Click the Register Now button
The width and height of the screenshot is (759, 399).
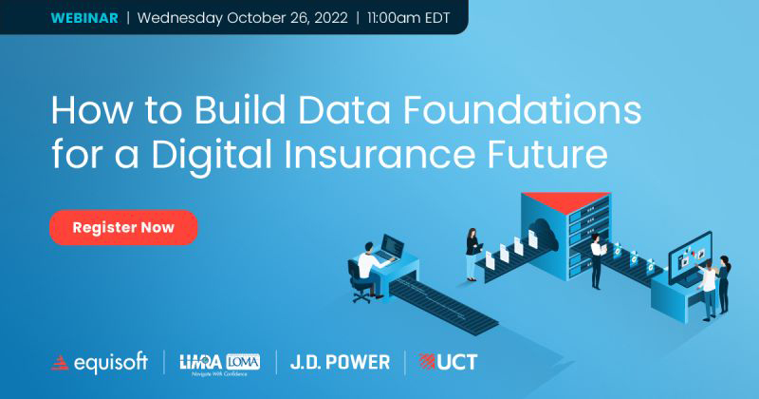point(123,227)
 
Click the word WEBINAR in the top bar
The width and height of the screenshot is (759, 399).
point(84,18)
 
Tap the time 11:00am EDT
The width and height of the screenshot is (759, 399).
point(409,18)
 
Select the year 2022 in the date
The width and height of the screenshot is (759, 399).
point(331,18)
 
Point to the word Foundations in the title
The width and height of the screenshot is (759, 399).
point(522,110)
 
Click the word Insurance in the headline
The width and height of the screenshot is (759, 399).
point(379,155)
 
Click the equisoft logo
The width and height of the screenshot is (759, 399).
point(100,363)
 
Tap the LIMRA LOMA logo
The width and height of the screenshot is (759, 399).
point(220,364)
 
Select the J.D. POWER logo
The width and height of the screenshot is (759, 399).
point(340,362)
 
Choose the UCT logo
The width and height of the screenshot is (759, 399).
point(448,362)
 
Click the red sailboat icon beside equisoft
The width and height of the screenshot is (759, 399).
point(60,363)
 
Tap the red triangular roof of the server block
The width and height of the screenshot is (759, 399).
point(565,201)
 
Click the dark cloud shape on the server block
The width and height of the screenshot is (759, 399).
point(543,234)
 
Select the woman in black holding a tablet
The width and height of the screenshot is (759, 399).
point(472,255)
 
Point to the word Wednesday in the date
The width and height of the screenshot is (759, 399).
point(180,19)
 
